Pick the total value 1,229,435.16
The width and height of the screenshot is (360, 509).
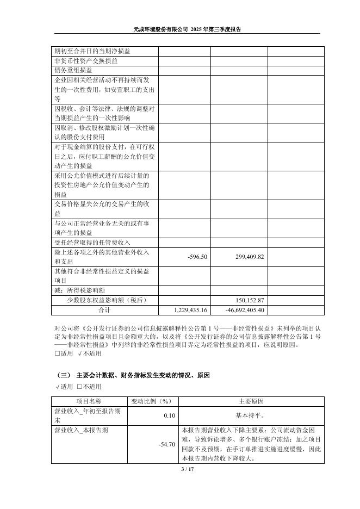pos(191,310)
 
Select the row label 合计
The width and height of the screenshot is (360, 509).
pos(104,310)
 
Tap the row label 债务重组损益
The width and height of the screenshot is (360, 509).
pos(73,71)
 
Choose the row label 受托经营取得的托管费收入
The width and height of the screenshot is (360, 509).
pos(92,243)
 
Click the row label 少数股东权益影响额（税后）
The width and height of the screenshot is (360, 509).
pos(107,300)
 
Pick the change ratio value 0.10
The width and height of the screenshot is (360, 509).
pos(169,415)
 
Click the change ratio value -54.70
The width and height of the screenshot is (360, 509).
pos(166,444)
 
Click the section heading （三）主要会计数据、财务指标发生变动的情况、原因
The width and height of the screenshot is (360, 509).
pos(133,376)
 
